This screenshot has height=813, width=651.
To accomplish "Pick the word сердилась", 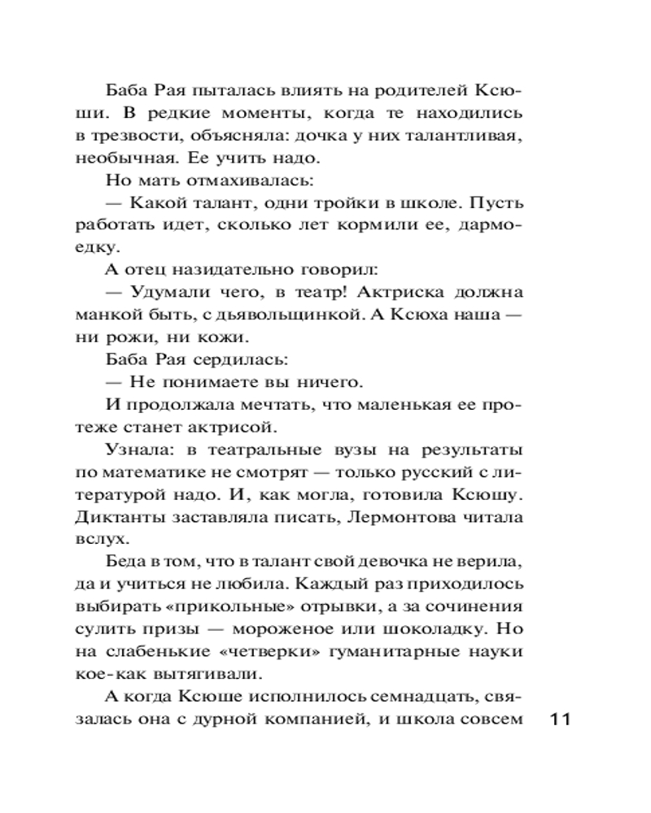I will [227, 359].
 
